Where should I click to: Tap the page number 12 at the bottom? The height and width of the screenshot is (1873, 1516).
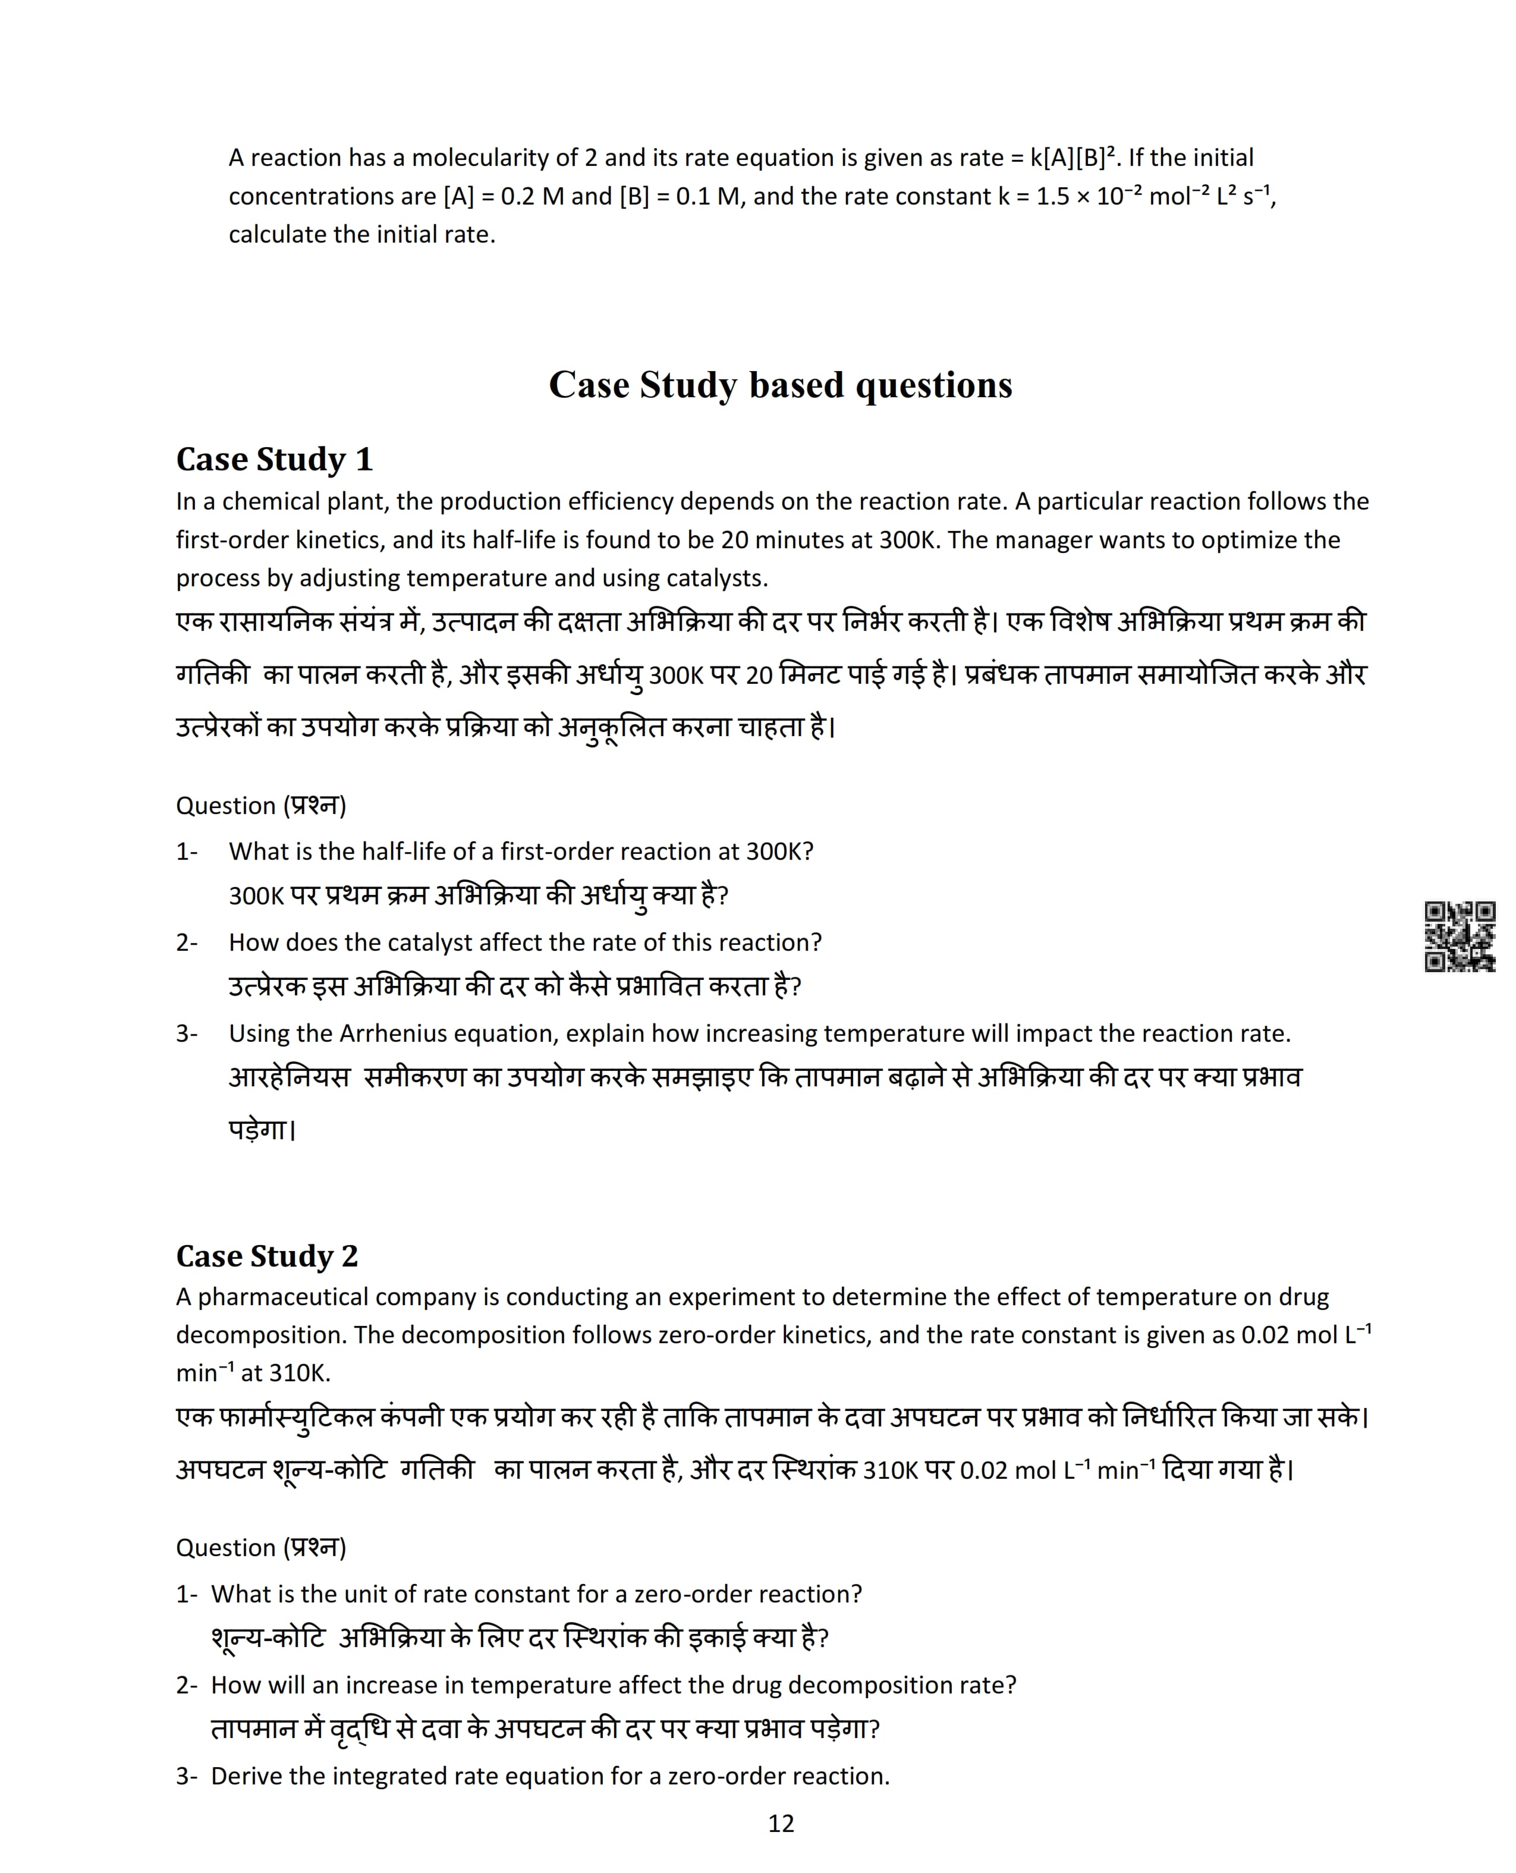pos(781,1823)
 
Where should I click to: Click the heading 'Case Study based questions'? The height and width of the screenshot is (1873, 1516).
pos(780,385)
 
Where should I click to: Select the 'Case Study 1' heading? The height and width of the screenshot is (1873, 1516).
pos(274,459)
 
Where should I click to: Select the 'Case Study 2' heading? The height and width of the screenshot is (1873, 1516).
pos(267,1256)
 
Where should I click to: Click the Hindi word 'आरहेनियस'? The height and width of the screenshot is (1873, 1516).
pos(289,1079)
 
